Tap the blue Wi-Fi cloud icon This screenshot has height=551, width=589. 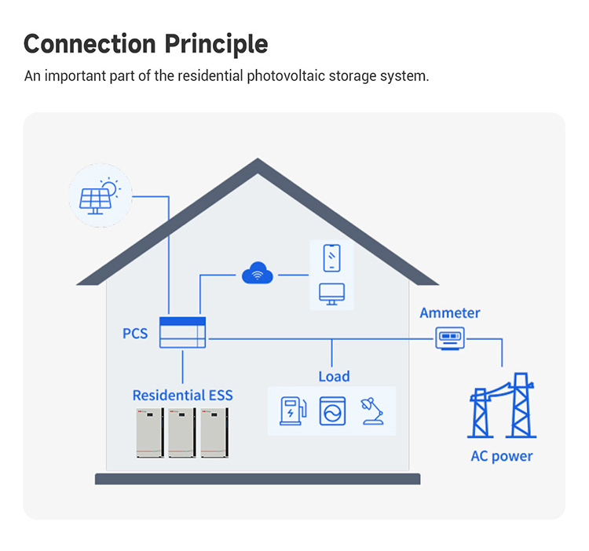(x=258, y=273)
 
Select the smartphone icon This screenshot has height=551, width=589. (x=331, y=258)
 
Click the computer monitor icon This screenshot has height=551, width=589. (x=331, y=294)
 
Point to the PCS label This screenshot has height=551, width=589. (x=135, y=334)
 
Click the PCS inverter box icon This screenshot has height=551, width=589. (x=182, y=332)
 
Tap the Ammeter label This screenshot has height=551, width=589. (x=450, y=312)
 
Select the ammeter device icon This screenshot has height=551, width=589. (x=450, y=338)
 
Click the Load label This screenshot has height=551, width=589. (x=334, y=376)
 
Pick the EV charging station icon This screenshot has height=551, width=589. (x=293, y=411)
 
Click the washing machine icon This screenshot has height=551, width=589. (x=332, y=411)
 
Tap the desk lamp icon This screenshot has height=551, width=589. (x=372, y=411)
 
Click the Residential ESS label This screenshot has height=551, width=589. (x=182, y=396)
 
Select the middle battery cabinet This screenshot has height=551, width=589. (x=182, y=432)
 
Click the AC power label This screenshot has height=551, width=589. (x=502, y=456)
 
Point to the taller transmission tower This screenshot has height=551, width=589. (x=521, y=405)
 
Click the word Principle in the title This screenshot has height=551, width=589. (x=216, y=44)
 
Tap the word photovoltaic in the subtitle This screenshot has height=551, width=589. (x=286, y=76)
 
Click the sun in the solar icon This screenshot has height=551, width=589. (x=110, y=187)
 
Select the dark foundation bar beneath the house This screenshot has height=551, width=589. (x=258, y=479)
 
